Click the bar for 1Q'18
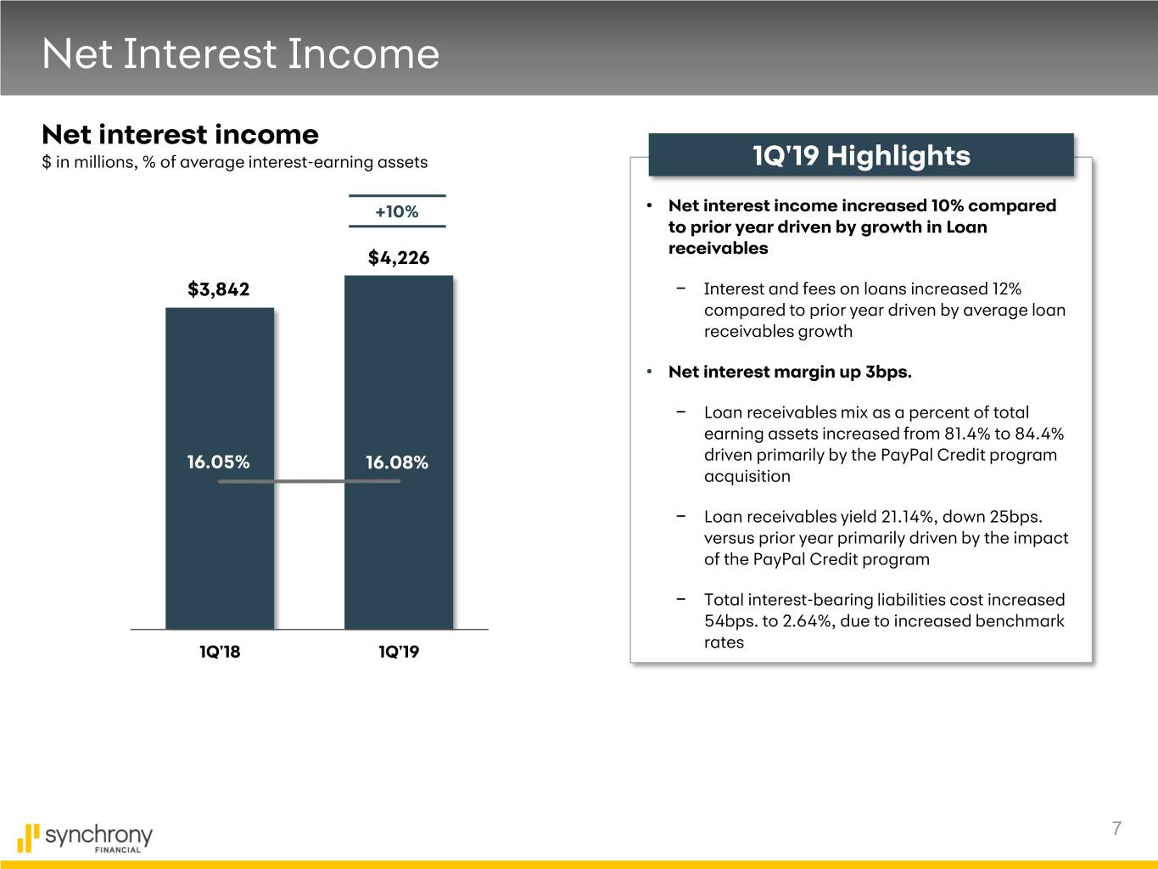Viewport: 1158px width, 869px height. (x=220, y=468)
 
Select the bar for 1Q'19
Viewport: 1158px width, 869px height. (x=399, y=452)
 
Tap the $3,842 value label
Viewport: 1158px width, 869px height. (x=218, y=289)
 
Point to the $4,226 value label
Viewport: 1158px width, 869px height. (x=399, y=257)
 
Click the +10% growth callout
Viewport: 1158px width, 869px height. (x=397, y=211)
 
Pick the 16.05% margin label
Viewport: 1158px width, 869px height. (x=218, y=462)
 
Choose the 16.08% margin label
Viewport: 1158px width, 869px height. (x=397, y=463)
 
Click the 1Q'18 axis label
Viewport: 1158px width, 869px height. (x=220, y=652)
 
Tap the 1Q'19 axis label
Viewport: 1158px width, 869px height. (x=399, y=652)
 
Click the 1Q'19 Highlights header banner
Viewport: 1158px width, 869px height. (x=861, y=155)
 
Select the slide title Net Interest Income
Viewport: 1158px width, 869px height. (x=241, y=53)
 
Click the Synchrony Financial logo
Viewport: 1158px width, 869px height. (x=85, y=838)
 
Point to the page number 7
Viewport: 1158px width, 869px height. (x=1116, y=828)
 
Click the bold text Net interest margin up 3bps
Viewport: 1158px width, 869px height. (x=790, y=372)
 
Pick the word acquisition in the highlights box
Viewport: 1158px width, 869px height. (x=747, y=476)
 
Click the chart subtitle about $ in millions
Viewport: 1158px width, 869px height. (x=235, y=162)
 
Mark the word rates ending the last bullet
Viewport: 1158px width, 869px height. (x=724, y=642)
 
